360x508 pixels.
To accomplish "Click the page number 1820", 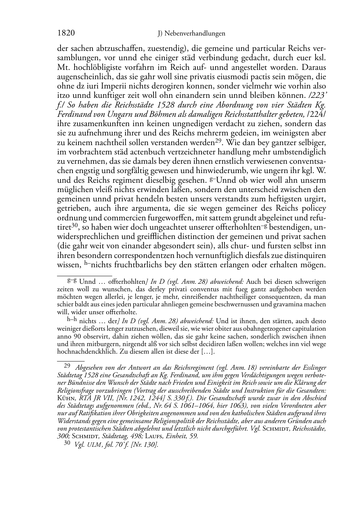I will pyautogui.click(x=66, y=33).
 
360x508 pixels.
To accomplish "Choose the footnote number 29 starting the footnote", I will pyautogui.click(x=67, y=366).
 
